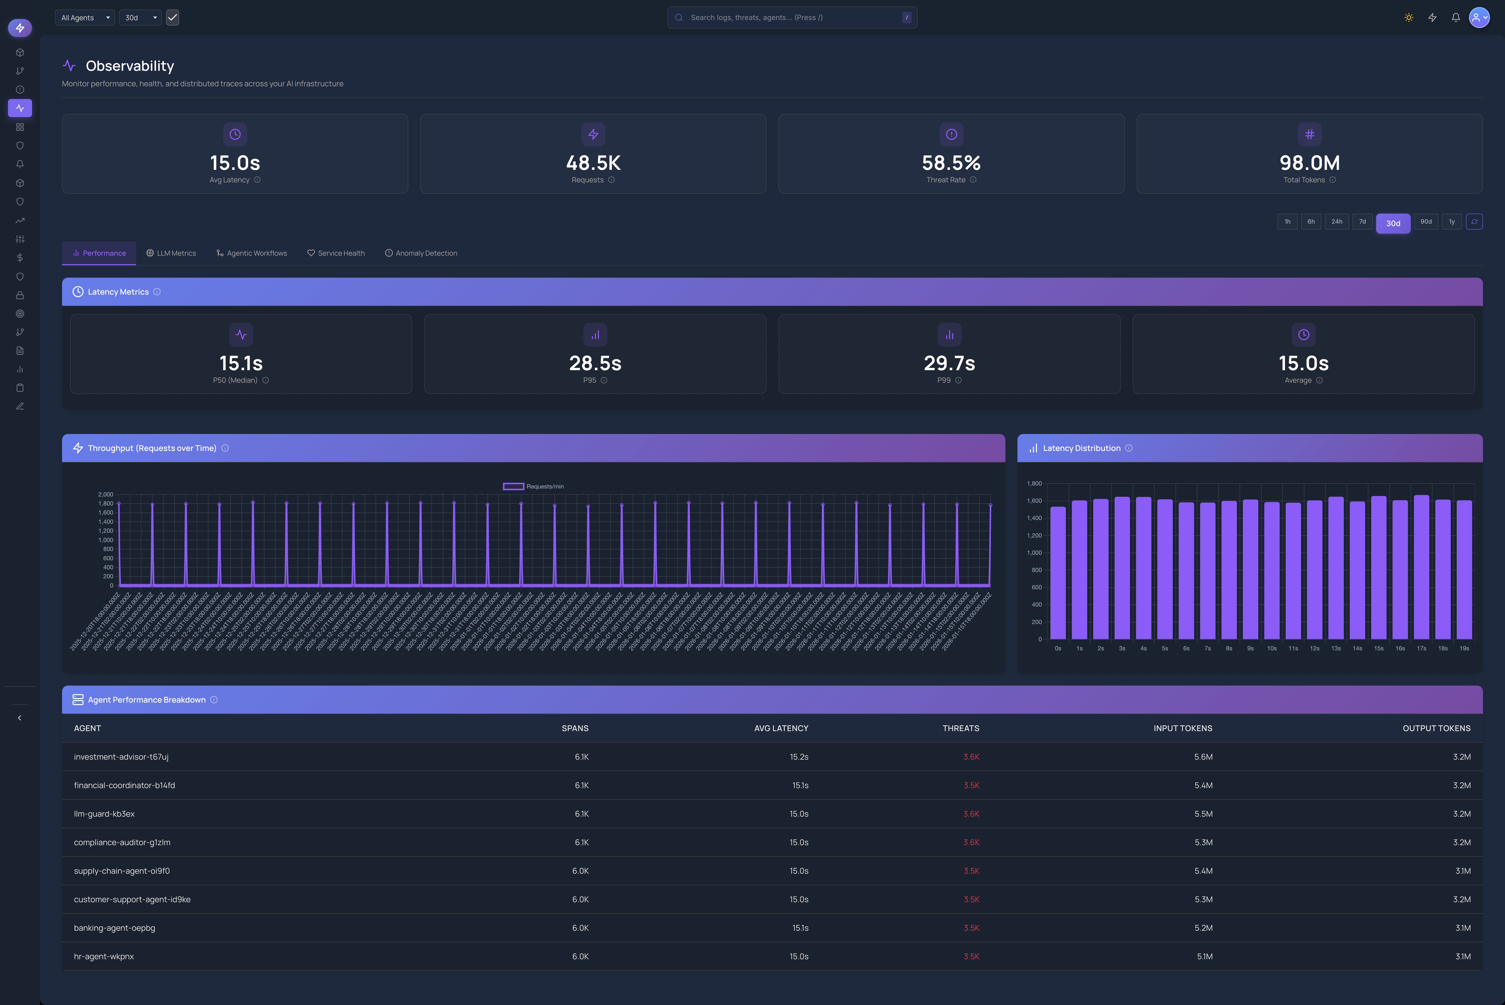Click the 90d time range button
(x=1425, y=222)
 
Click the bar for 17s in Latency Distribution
(x=1421, y=567)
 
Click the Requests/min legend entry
(x=533, y=486)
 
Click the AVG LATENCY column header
(x=781, y=728)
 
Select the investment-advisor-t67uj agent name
(x=121, y=757)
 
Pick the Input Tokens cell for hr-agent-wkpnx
(x=1204, y=956)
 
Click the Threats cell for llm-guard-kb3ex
(x=971, y=814)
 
